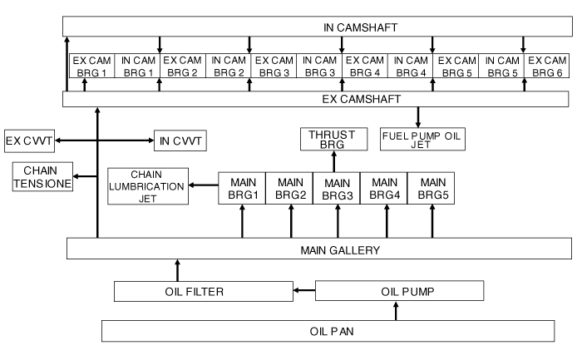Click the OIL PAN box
(327, 331)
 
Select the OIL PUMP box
(399, 291)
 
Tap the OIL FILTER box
(201, 291)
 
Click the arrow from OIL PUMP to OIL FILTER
(303, 291)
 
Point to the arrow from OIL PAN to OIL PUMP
(397, 311)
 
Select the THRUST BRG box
(337, 140)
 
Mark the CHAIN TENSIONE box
(42, 176)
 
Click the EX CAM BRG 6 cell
(547, 67)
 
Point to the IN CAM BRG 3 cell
(319, 67)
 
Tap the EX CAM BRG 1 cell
(90, 67)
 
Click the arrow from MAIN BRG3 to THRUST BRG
(337, 161)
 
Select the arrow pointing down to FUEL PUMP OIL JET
(418, 117)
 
